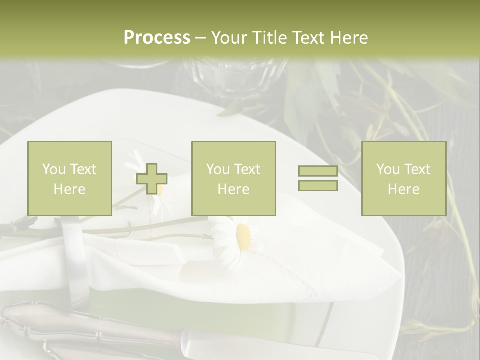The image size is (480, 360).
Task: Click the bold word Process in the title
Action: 157,37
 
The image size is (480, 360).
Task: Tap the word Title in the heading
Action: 267,37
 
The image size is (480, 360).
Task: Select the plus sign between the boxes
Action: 152,179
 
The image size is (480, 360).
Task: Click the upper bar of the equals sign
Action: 318,171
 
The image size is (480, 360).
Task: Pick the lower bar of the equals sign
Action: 318,186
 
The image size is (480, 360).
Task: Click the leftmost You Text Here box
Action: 70,178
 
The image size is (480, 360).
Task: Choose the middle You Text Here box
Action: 234,178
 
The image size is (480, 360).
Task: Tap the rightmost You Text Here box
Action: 404,178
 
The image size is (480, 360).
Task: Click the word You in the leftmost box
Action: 53,169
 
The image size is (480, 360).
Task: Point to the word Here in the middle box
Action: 234,189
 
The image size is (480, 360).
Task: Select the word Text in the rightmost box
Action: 417,169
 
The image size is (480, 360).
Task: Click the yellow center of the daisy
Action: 243,236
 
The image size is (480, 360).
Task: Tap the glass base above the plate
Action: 235,75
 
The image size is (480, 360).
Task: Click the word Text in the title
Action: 306,37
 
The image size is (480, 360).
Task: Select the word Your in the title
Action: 228,37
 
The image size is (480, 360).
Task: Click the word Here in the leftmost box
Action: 70,189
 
